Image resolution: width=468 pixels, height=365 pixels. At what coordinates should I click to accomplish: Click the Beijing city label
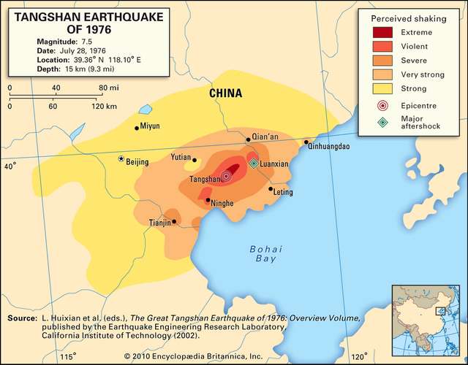pyautogui.click(x=137, y=162)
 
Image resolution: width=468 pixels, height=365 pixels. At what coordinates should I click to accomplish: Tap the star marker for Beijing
pyautogui.click(x=121, y=158)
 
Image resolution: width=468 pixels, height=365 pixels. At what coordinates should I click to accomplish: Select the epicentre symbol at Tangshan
pyautogui.click(x=226, y=176)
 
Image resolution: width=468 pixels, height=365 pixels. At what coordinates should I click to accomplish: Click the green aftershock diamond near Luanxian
pyautogui.click(x=254, y=164)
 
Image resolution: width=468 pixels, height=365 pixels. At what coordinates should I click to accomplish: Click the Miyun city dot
pyautogui.click(x=136, y=128)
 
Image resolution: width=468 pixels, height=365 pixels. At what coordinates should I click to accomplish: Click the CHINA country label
pyautogui.click(x=225, y=93)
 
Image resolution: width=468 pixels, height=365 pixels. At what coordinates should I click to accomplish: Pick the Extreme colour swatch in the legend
pyautogui.click(x=383, y=32)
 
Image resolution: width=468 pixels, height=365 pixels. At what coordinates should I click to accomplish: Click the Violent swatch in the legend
pyautogui.click(x=383, y=46)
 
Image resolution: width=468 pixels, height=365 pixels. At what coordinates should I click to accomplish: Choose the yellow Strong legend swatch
pyautogui.click(x=383, y=88)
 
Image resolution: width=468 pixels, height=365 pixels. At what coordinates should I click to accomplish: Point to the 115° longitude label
pyautogui.click(x=67, y=356)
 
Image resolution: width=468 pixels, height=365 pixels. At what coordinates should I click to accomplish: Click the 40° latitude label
pyautogui.click(x=10, y=167)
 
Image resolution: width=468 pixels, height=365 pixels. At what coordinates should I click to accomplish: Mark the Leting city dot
pyautogui.click(x=271, y=189)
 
